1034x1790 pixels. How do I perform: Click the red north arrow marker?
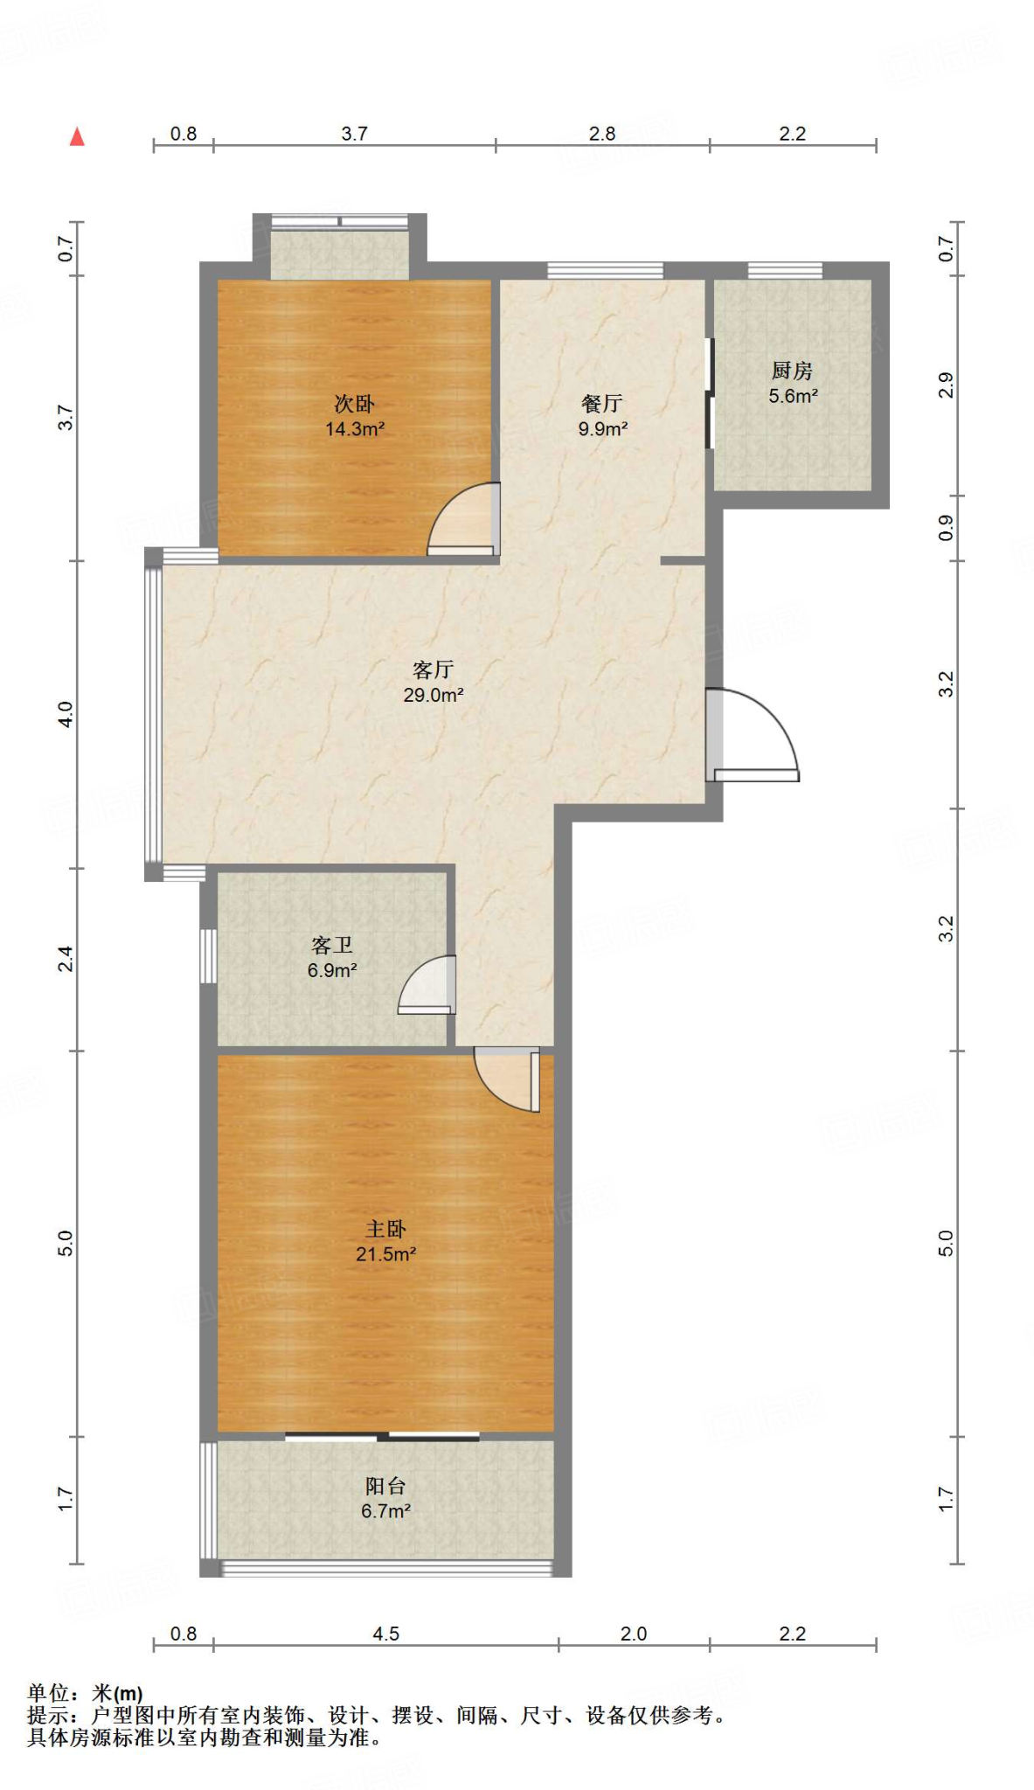click(x=77, y=136)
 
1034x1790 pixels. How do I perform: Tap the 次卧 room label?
click(x=355, y=404)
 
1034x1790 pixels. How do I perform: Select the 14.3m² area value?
click(x=355, y=429)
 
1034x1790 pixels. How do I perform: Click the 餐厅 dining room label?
click(x=602, y=404)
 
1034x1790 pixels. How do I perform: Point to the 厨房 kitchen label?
click(x=793, y=371)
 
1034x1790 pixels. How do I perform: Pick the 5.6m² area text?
click(x=793, y=396)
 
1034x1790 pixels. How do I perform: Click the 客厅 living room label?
click(x=434, y=670)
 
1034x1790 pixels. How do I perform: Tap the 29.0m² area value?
click(x=434, y=696)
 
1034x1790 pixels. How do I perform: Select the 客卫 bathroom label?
click(x=332, y=946)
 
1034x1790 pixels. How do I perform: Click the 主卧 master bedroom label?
click(x=385, y=1230)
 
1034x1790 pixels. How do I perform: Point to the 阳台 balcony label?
click(x=385, y=1486)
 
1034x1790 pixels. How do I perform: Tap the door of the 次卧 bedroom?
click(x=463, y=519)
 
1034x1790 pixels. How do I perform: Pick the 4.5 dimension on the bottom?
click(x=385, y=1634)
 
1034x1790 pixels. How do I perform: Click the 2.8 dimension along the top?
click(x=602, y=134)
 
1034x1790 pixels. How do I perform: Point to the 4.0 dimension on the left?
click(x=66, y=714)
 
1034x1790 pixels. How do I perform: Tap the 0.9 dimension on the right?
click(x=946, y=528)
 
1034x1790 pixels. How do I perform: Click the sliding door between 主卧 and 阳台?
click(x=382, y=1436)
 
